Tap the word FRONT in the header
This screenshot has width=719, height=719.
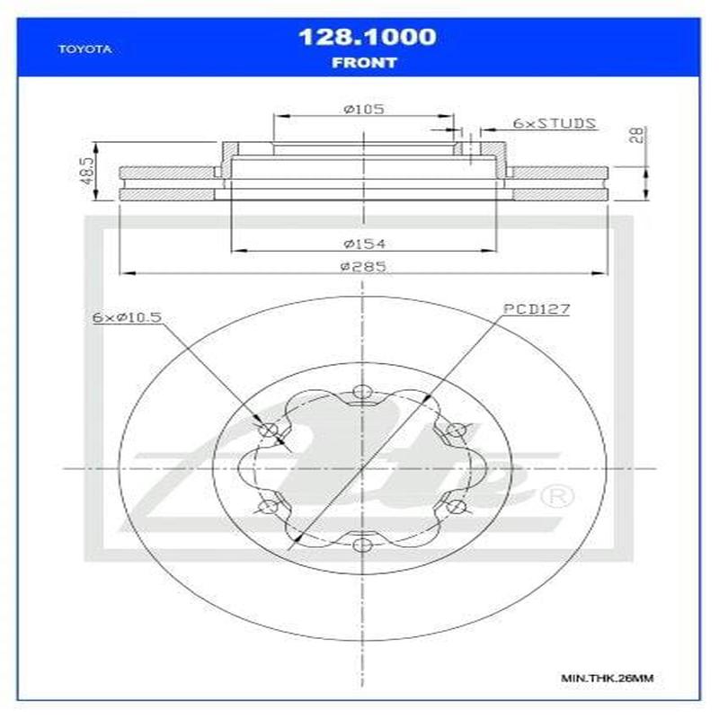tap(364, 63)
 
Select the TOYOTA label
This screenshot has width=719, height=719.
tap(84, 49)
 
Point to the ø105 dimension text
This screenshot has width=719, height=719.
tap(363, 109)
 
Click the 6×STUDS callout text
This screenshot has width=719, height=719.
tap(554, 123)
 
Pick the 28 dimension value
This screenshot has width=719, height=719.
tap(637, 136)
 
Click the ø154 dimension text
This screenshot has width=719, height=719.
tap(363, 243)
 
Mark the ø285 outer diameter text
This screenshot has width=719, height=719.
tap(363, 266)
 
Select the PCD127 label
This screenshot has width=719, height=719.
tap(537, 309)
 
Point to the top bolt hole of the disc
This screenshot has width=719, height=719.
tap(362, 392)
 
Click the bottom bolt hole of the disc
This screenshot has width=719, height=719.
tap(362, 545)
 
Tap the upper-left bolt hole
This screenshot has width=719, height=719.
tap(268, 430)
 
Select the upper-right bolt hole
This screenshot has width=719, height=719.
tap(456, 430)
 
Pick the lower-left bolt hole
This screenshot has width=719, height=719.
tap(268, 507)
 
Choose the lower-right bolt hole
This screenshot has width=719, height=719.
tap(456, 507)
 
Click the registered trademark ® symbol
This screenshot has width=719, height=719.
tap(556, 495)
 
